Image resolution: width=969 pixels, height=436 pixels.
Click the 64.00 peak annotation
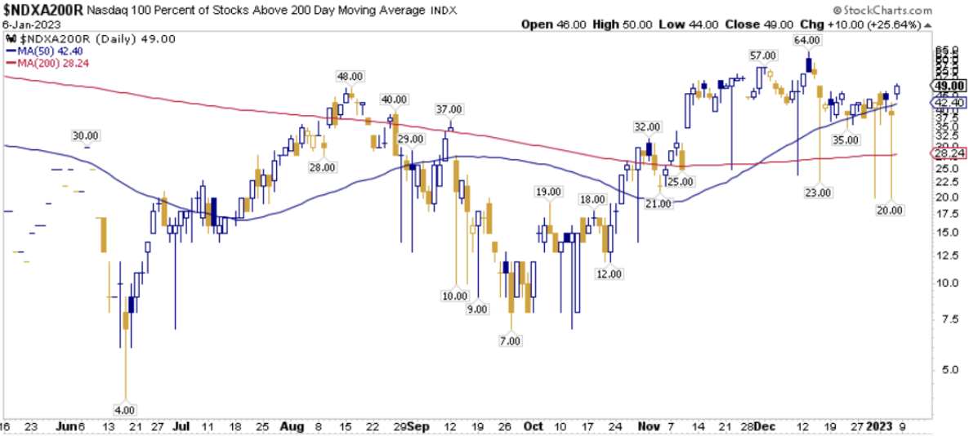tap(807, 39)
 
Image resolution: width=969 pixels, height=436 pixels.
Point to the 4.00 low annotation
tap(125, 409)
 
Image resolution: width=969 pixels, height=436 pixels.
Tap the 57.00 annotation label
tap(762, 55)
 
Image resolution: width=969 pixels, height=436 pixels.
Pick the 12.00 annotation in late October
tap(609, 274)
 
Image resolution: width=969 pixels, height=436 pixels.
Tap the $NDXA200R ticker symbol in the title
tap(41, 9)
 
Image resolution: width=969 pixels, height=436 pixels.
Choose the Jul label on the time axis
tap(182, 427)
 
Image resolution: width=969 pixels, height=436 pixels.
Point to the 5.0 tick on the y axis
tap(940, 369)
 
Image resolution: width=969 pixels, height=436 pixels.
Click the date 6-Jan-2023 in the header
tap(28, 24)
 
